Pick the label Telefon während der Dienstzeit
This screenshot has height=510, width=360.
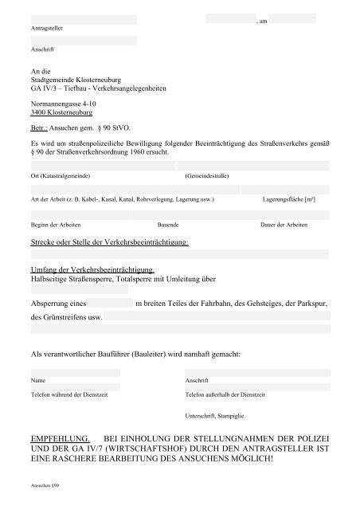tap(66, 394)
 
